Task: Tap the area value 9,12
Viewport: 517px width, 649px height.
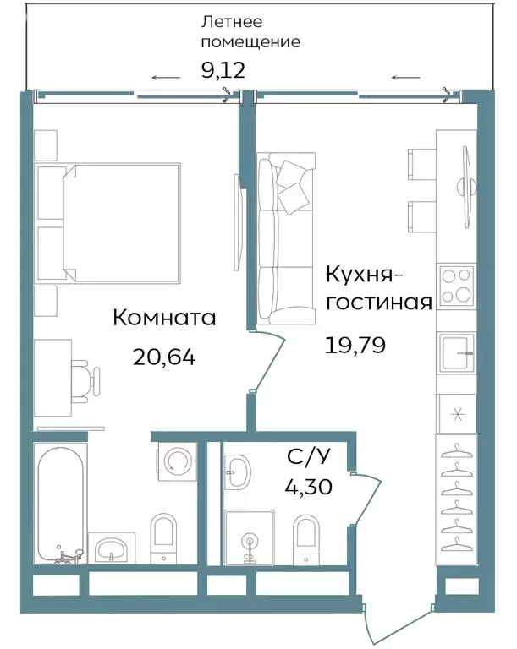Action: click(223, 69)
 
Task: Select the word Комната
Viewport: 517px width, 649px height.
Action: click(164, 318)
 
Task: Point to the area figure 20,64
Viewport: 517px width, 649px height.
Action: click(164, 357)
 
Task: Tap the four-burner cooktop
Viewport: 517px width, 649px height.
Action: click(456, 286)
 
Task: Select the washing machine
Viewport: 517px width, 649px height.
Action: click(177, 461)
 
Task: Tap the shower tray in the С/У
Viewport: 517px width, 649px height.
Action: click(249, 536)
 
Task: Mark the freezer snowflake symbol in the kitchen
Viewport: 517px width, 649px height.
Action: click(457, 413)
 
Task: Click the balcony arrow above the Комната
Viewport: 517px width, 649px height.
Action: click(167, 79)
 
